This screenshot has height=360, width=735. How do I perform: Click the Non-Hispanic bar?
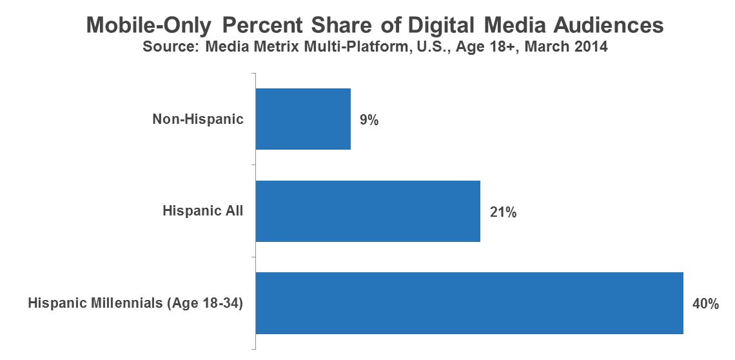pos(303,119)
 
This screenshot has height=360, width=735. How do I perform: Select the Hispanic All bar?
pos(368,211)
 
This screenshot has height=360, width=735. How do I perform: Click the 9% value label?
pos(369,119)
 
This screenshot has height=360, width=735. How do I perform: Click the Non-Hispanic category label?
pos(198,119)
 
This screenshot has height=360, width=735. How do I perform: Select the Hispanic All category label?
pos(203,211)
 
